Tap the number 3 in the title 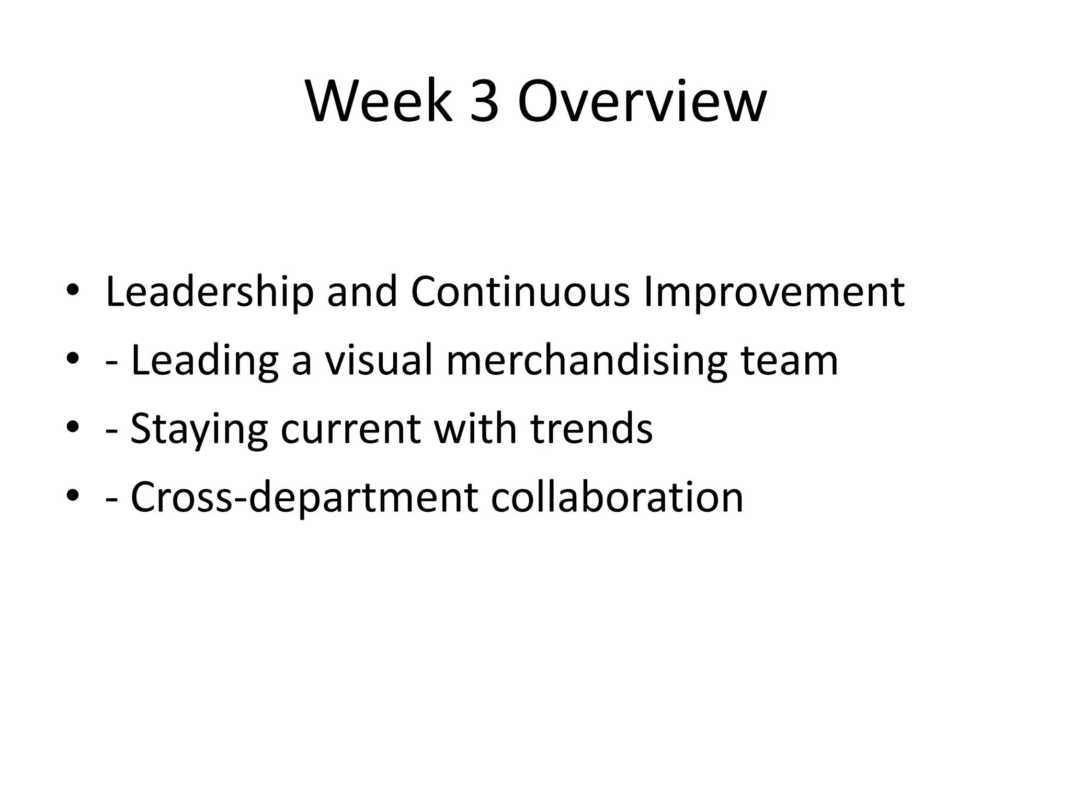(484, 101)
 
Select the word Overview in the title (642, 101)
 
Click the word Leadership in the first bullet (210, 292)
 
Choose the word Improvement (774, 292)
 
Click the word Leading (204, 361)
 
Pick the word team (789, 361)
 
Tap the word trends (591, 429)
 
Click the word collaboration (617, 497)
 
